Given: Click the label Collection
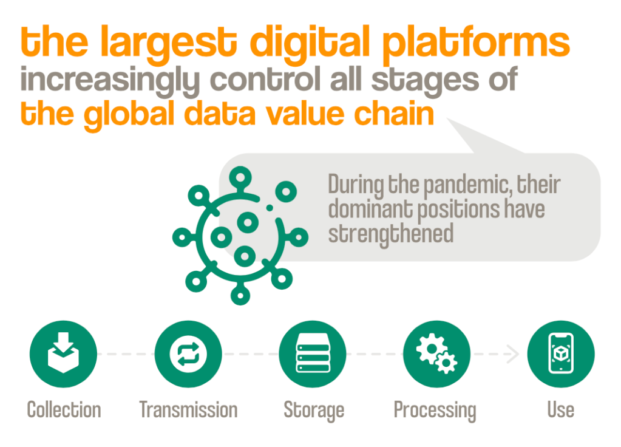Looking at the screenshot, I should pyautogui.click(x=64, y=409).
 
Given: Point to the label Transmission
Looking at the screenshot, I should pyautogui.click(x=188, y=409).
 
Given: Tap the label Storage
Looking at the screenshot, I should pyautogui.click(x=314, y=411).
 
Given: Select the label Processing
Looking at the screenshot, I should pyautogui.click(x=435, y=411).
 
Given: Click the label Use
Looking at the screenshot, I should pyautogui.click(x=560, y=409).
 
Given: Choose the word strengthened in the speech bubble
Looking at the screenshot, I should pyautogui.click(x=390, y=233).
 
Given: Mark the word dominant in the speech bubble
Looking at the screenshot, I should pyautogui.click(x=368, y=209).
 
